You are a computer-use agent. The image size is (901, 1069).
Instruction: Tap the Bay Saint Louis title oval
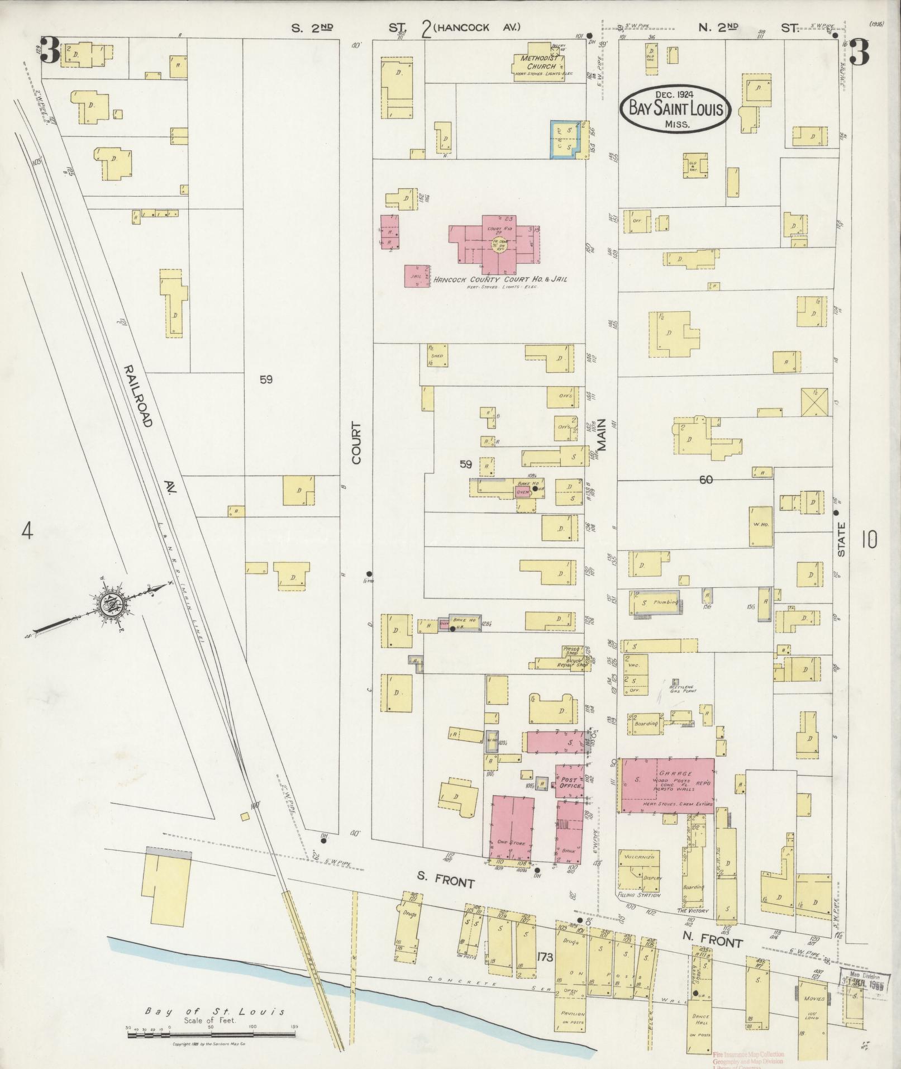(x=675, y=108)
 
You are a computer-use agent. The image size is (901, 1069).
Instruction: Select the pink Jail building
(x=416, y=276)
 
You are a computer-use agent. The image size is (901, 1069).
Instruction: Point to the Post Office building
(x=569, y=782)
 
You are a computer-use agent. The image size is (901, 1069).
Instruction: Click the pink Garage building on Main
(x=668, y=785)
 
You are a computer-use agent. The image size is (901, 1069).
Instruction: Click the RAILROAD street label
(x=137, y=396)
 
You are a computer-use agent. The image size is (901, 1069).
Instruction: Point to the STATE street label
(x=841, y=539)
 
